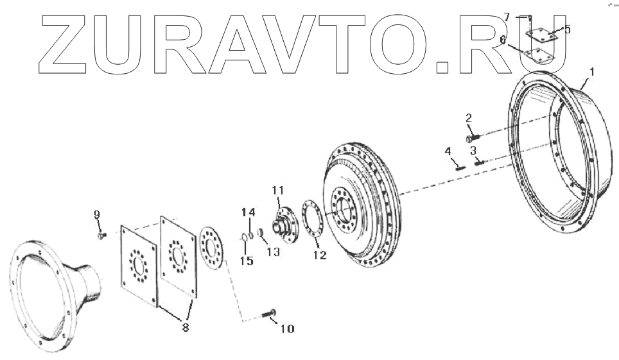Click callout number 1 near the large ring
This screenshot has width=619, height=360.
[591, 73]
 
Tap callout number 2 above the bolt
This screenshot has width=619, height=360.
[469, 118]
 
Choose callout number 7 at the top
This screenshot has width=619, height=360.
[506, 17]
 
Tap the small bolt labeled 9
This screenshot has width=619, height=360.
[101, 236]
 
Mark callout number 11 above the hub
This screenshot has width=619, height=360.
[277, 190]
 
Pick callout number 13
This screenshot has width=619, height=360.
[274, 253]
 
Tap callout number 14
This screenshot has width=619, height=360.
[248, 212]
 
